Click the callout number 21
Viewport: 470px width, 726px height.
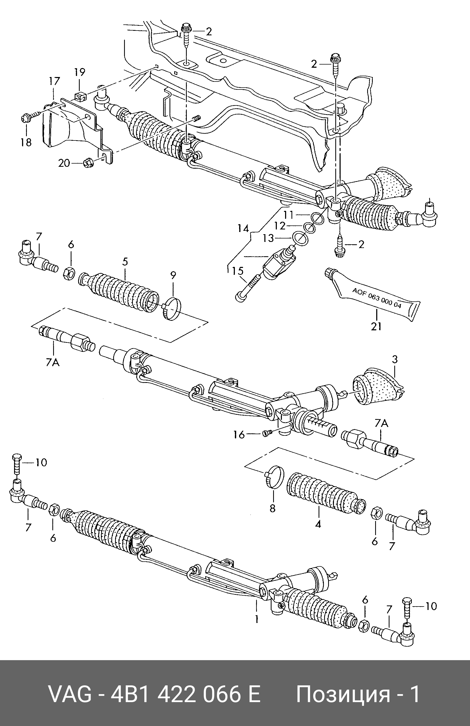pyautogui.click(x=376, y=326)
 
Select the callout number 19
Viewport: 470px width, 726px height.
pyautogui.click(x=79, y=72)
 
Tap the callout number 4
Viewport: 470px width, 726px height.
pyautogui.click(x=318, y=524)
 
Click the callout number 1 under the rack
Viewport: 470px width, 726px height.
pyautogui.click(x=256, y=619)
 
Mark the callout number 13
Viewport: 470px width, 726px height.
pyautogui.click(x=269, y=238)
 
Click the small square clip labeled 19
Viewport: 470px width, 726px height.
pyautogui.click(x=80, y=96)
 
